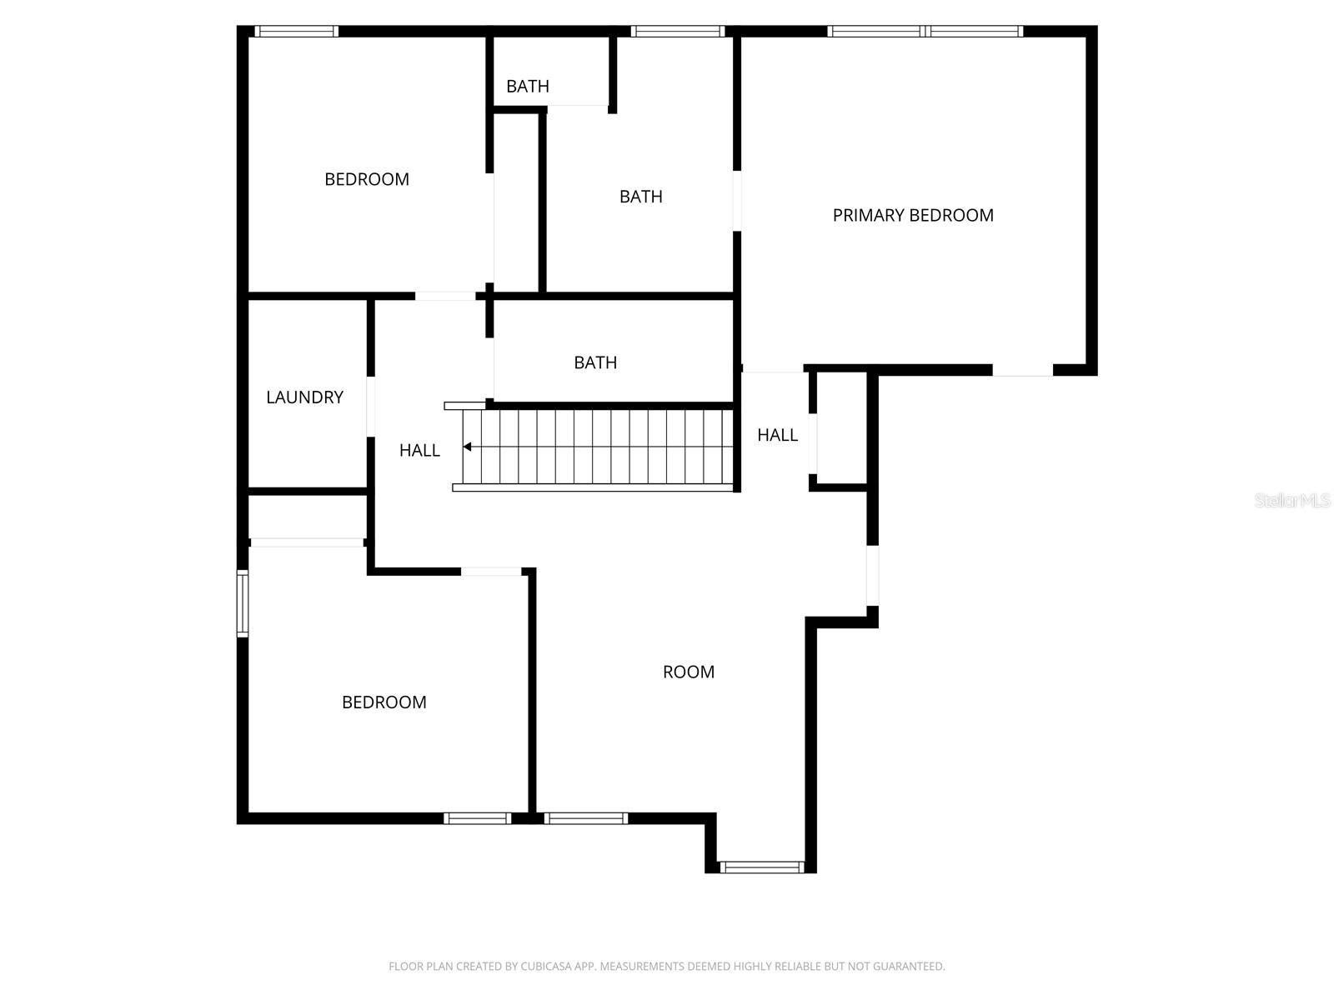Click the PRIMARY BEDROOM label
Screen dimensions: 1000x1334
pyautogui.click(x=913, y=215)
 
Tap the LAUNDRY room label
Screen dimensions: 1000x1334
pyautogui.click(x=304, y=397)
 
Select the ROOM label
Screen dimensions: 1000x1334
pyautogui.click(x=688, y=672)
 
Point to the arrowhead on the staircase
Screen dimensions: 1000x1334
pyautogui.click(x=468, y=447)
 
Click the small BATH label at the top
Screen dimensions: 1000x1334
pyautogui.click(x=528, y=86)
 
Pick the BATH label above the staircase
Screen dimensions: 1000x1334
pyautogui.click(x=595, y=362)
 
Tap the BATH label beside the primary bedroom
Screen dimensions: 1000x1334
pyautogui.click(x=640, y=197)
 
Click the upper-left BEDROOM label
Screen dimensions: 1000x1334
pyautogui.click(x=367, y=179)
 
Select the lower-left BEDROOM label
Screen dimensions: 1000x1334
pyautogui.click(x=384, y=702)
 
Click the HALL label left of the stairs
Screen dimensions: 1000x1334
pyautogui.click(x=419, y=451)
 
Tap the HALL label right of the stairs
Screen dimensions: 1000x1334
pyautogui.click(x=777, y=435)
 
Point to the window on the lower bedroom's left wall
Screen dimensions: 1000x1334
pyautogui.click(x=243, y=603)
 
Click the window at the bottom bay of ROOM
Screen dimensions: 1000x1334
pyautogui.click(x=761, y=867)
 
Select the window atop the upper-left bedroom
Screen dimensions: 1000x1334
pyautogui.click(x=296, y=32)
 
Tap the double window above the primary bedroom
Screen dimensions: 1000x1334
pyautogui.click(x=925, y=32)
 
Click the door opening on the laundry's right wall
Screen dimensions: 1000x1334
pyautogui.click(x=370, y=407)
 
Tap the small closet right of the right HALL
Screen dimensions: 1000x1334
pyautogui.click(x=842, y=427)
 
